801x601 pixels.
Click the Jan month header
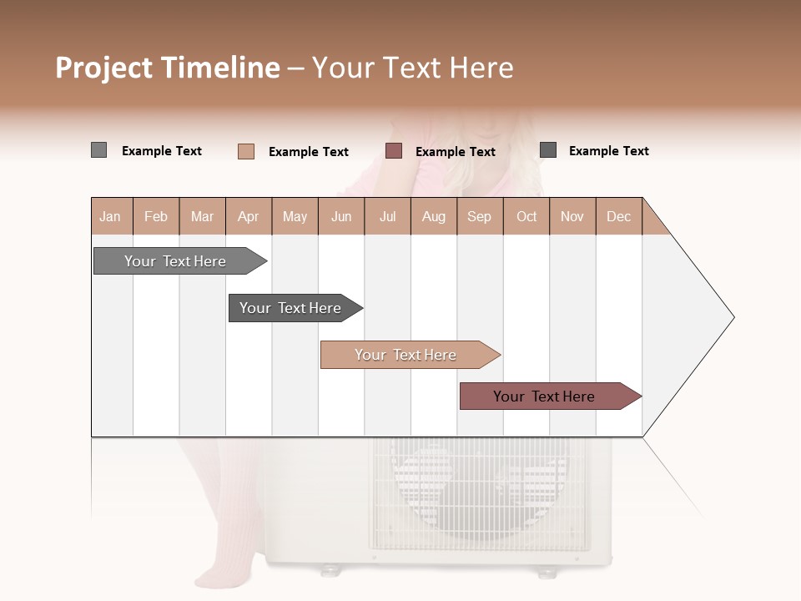(111, 216)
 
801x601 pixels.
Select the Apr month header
(249, 216)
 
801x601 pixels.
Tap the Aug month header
(434, 216)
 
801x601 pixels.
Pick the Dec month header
(619, 216)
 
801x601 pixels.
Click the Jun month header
(341, 216)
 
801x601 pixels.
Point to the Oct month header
(526, 216)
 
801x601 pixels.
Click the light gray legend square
(98, 150)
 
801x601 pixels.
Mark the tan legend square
(245, 151)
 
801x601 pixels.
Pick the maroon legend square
(394, 150)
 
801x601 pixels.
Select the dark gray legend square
(548, 150)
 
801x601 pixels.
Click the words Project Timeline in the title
(167, 68)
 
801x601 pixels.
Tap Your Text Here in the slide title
(412, 68)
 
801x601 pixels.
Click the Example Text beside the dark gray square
(608, 151)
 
